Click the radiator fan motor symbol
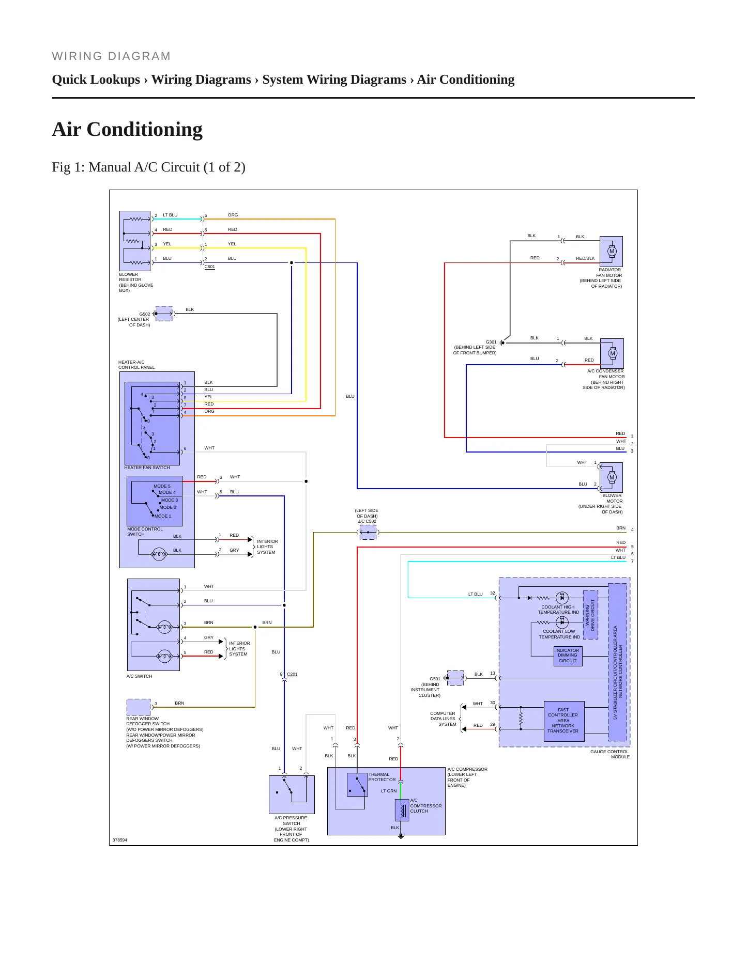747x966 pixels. (x=612, y=252)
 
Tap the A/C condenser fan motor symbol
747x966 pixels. (x=613, y=353)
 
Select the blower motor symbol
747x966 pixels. (x=612, y=477)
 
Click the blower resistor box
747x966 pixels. (x=135, y=241)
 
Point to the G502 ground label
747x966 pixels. (x=145, y=314)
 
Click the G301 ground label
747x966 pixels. (x=491, y=342)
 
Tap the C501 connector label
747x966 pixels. (x=210, y=267)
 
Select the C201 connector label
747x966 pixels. (x=292, y=674)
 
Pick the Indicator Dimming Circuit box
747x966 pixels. (x=568, y=656)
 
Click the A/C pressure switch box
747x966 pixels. (x=292, y=794)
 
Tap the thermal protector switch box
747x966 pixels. (x=357, y=785)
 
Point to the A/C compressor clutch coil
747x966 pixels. (x=402, y=810)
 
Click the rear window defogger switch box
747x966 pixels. (x=139, y=707)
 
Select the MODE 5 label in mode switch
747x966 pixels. (x=162, y=486)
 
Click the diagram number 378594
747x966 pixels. (x=120, y=840)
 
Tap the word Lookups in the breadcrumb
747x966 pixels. (x=116, y=80)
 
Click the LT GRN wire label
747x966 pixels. (x=389, y=791)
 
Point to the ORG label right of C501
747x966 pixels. (x=233, y=215)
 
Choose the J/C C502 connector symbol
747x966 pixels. (x=368, y=533)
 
